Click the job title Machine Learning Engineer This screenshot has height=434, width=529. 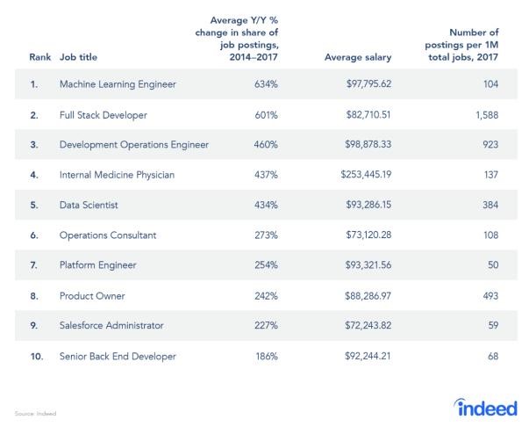coord(118,84)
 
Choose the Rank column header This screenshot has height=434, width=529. coord(39,57)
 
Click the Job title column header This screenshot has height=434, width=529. coord(79,57)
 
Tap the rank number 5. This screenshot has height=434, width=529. coord(35,205)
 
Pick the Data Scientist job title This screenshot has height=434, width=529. coord(89,205)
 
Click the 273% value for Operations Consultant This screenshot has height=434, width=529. coord(266,235)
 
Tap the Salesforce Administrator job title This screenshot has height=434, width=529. coord(111,325)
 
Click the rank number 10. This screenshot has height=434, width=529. coord(38,356)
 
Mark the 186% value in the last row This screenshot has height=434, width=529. coord(266,356)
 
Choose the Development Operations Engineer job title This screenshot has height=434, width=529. coord(135,144)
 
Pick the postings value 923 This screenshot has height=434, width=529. coord(488,144)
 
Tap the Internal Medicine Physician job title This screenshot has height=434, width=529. coord(117,175)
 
